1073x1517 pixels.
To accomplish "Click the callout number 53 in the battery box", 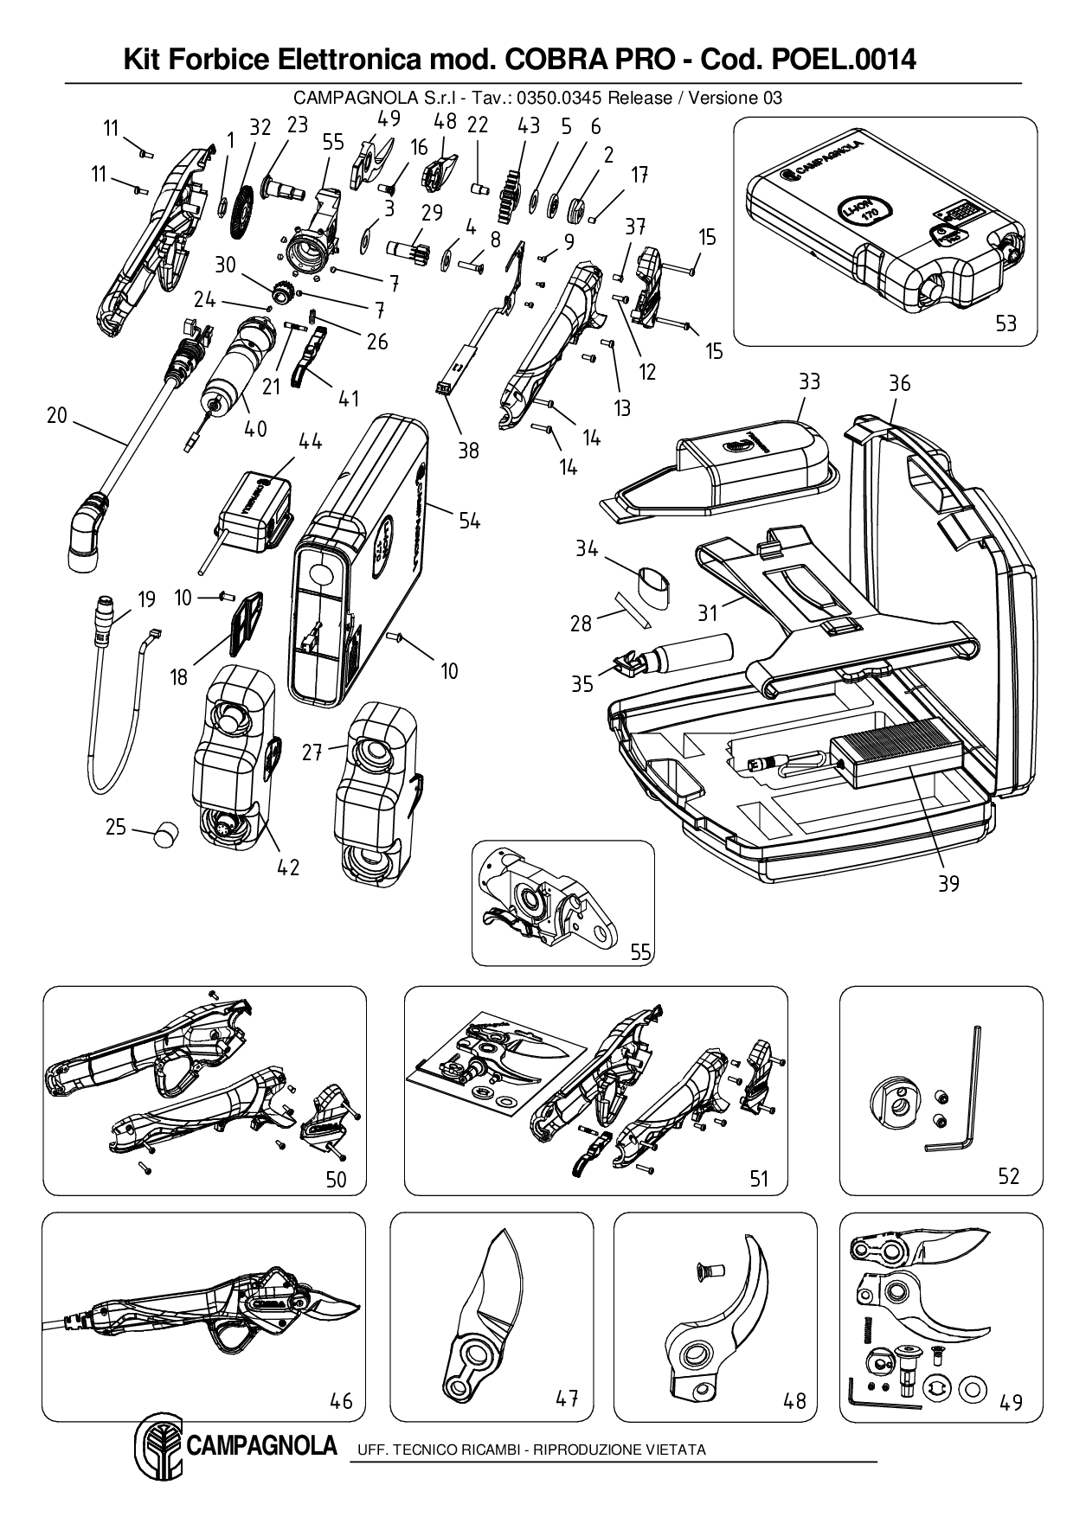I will (x=1006, y=323).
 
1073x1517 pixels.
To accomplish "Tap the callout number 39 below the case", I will (x=949, y=883).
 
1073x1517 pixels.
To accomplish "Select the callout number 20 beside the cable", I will (x=56, y=416).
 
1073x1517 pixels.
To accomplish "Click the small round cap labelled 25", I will (x=164, y=834).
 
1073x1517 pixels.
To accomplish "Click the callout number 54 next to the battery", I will (x=469, y=521).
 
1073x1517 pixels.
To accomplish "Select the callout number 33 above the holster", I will (x=809, y=381).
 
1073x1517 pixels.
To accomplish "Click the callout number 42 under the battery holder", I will (x=287, y=867).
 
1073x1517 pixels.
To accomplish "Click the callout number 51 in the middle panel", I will (x=758, y=1179).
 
